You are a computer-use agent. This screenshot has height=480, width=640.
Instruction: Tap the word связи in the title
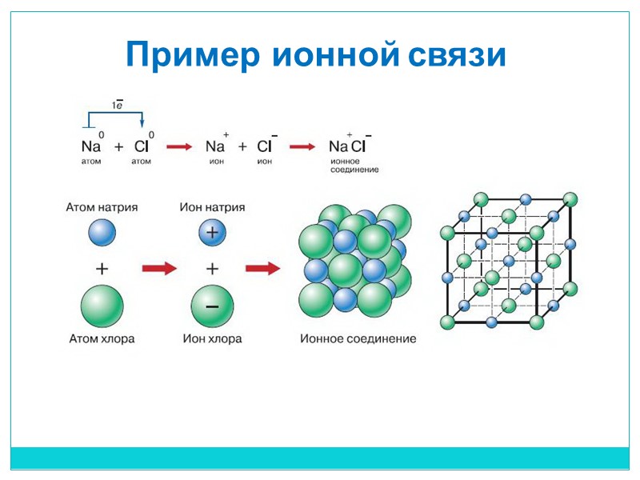click(457, 55)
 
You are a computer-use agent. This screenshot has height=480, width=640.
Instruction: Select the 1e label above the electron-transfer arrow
click(116, 104)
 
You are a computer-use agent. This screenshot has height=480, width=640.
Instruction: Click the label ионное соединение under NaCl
click(353, 165)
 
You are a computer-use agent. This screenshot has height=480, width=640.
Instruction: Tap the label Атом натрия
click(102, 206)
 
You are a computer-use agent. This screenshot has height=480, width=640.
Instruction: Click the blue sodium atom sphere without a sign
click(102, 233)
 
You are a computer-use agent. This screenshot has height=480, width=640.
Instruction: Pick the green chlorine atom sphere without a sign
click(102, 306)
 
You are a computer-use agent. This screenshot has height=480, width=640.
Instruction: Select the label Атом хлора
click(102, 338)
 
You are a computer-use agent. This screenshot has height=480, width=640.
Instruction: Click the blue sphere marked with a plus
click(212, 233)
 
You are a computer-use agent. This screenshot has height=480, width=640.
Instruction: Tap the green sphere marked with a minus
click(212, 306)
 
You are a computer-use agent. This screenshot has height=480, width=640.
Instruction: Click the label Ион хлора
click(212, 338)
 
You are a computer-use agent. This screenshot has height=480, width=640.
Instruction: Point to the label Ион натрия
click(212, 206)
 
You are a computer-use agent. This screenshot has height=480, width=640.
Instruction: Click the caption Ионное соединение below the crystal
click(358, 338)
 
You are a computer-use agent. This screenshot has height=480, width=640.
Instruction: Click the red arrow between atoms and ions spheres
click(158, 270)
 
